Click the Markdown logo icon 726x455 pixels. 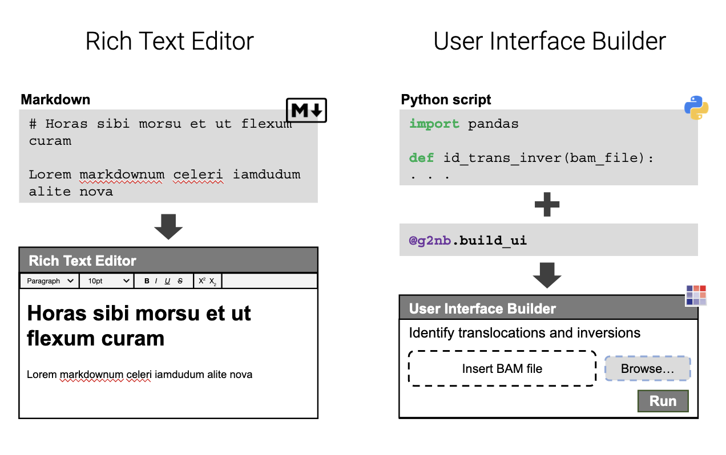[306, 110]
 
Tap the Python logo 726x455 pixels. [696, 108]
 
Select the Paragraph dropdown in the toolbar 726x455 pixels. [50, 281]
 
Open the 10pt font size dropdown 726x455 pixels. [107, 281]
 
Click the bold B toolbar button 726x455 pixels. [147, 281]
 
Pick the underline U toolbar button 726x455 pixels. [167, 281]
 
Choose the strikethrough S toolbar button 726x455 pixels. [180, 281]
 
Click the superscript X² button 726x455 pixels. [202, 281]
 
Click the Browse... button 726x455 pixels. [648, 368]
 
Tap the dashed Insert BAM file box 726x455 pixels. [502, 368]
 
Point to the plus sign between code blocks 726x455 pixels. [547, 204]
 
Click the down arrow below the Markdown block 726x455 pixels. [168, 227]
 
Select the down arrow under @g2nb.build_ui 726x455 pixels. [547, 275]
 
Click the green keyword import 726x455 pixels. [434, 124]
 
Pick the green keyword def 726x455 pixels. [421, 158]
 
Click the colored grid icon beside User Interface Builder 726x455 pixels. [696, 295]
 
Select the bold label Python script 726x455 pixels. [446, 99]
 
